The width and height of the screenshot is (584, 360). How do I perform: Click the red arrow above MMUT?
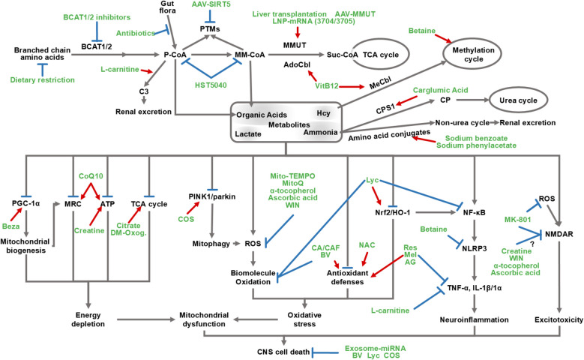point(298,33)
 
